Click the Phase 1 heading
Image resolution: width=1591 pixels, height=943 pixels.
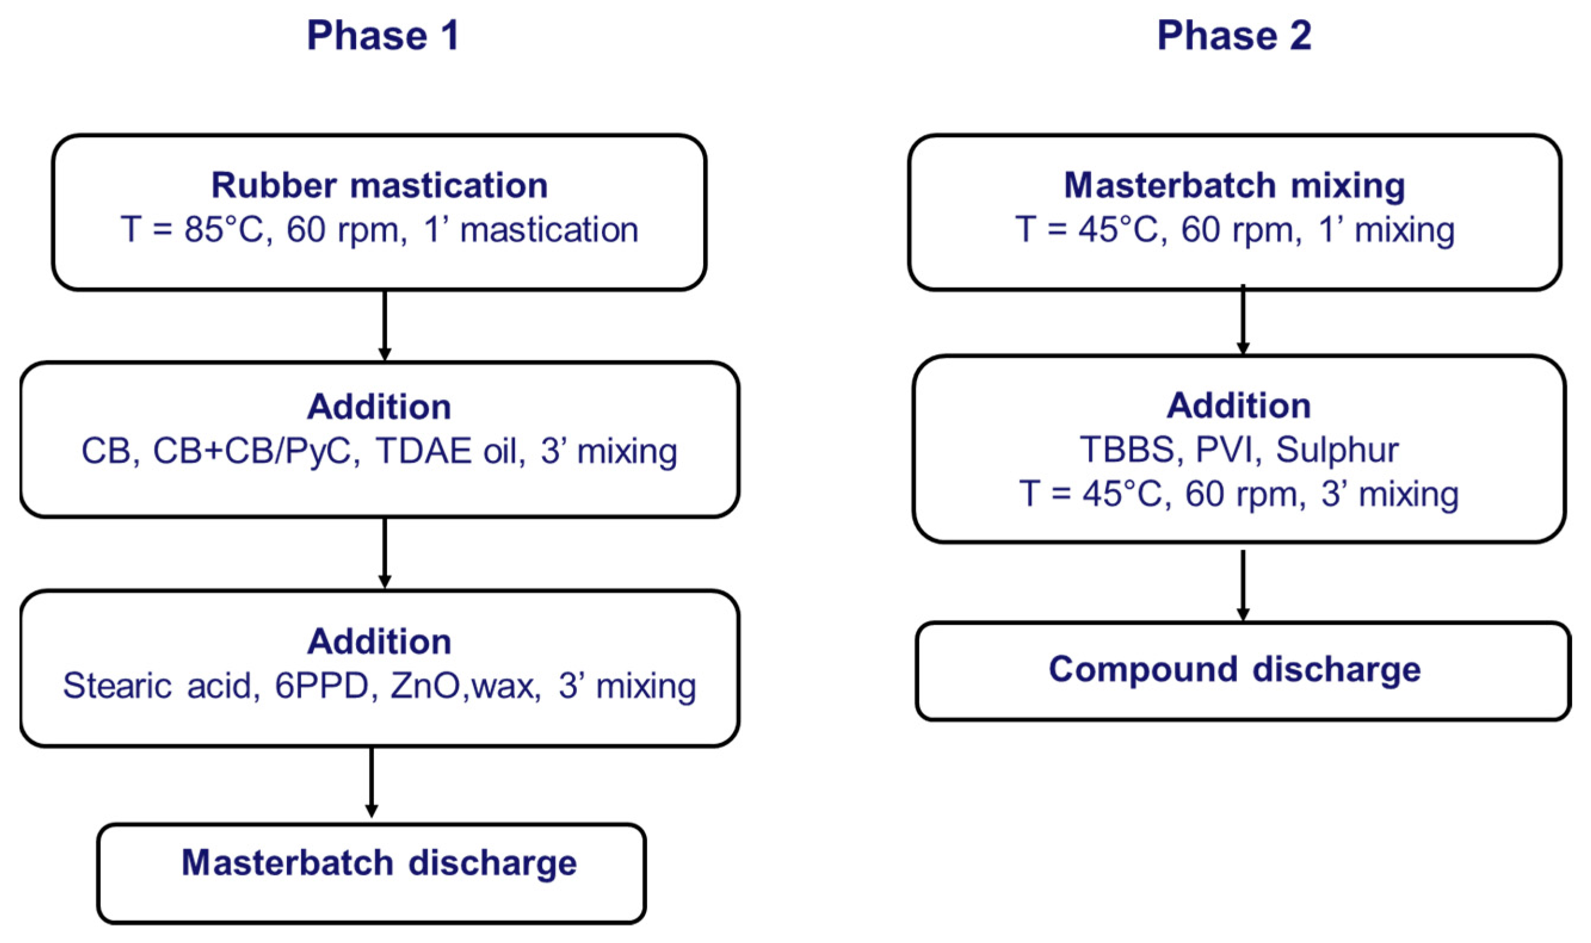(x=383, y=36)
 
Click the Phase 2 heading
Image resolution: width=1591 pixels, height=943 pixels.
(x=1234, y=36)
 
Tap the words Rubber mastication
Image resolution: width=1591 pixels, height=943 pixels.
(x=379, y=185)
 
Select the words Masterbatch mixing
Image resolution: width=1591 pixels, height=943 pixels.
(x=1234, y=185)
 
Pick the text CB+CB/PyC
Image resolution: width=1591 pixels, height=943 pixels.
(x=252, y=451)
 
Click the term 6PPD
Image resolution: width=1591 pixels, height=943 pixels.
(x=322, y=685)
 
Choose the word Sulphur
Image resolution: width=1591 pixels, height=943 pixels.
(x=1337, y=450)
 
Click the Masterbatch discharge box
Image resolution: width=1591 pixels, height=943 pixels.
(x=372, y=873)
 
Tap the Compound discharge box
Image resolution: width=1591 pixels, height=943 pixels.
(x=1243, y=671)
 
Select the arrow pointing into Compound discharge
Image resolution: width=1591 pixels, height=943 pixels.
(x=1243, y=585)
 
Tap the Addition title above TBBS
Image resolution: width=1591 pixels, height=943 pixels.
(x=1238, y=405)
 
